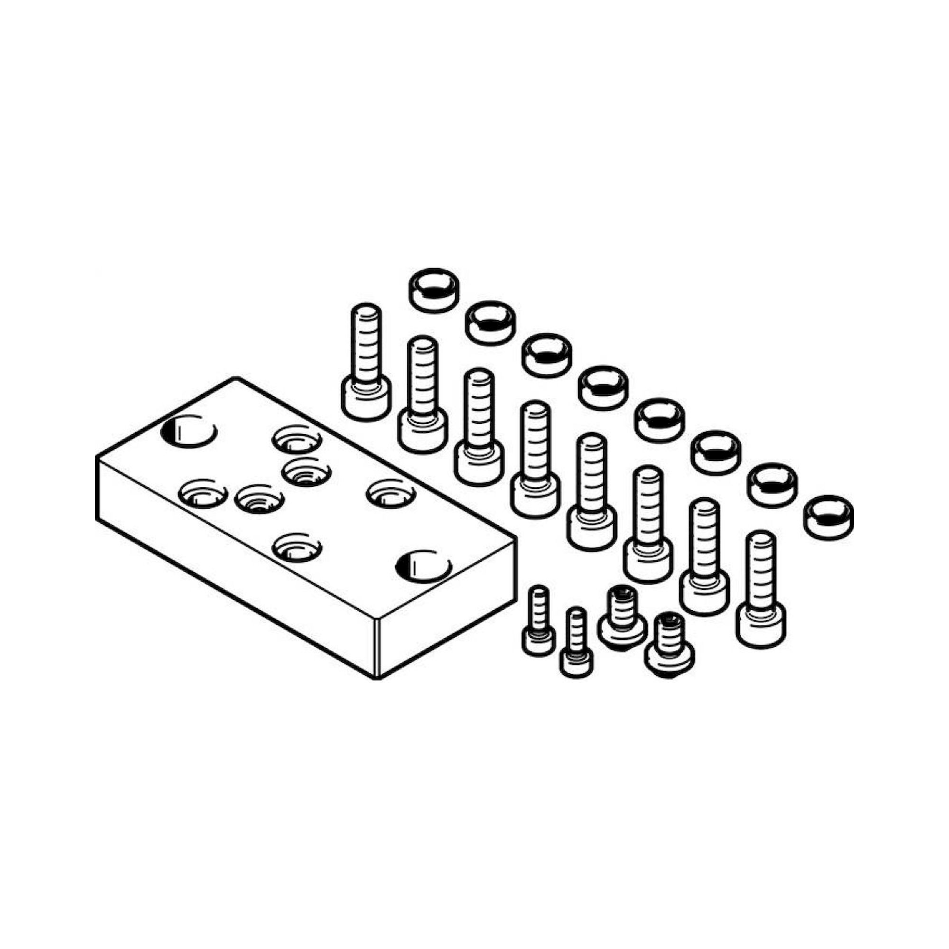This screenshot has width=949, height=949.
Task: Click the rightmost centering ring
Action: pos(828,515)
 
